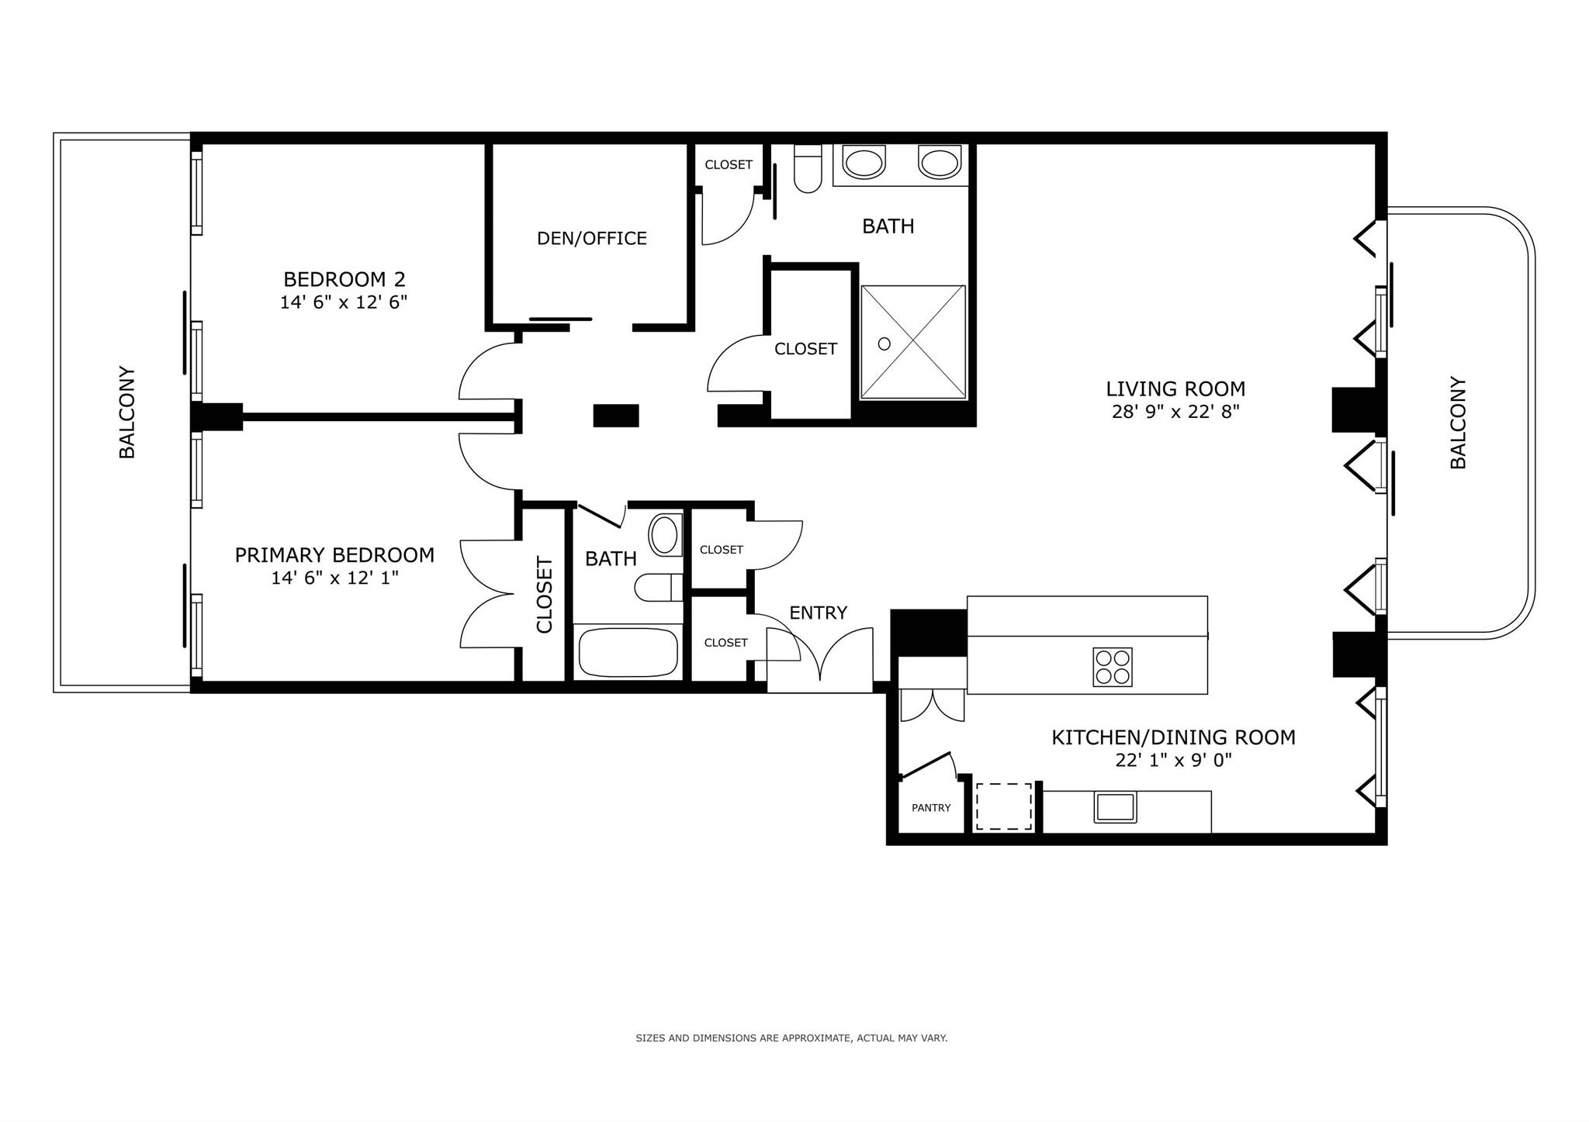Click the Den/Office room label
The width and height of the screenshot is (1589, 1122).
point(592,238)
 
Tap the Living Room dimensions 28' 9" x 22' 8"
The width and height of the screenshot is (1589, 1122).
point(1175,412)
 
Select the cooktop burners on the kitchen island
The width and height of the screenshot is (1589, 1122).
point(1113,667)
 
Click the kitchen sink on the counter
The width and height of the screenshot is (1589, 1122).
point(1115,807)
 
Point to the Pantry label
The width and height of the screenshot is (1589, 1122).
point(931,808)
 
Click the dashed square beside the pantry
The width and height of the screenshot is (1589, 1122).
point(1004,806)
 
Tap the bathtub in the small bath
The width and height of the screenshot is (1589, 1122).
point(628,652)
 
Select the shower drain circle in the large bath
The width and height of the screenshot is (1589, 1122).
point(884,343)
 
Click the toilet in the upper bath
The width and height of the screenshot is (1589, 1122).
point(808,168)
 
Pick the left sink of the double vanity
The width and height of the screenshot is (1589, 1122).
point(864,163)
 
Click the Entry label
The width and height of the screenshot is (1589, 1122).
point(818,613)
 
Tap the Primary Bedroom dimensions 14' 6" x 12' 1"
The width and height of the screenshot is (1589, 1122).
point(334,578)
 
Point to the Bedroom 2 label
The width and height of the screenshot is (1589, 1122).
point(344,279)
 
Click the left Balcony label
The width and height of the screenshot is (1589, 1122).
point(127,413)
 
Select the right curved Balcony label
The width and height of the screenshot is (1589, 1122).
point(1458,423)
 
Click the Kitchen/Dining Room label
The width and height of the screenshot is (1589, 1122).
point(1173,737)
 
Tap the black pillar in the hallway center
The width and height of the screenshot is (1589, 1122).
point(616,416)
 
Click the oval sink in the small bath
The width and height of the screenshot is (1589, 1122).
point(664,535)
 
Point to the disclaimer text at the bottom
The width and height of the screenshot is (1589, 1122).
point(791,1037)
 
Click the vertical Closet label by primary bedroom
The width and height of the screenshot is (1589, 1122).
point(544,595)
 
